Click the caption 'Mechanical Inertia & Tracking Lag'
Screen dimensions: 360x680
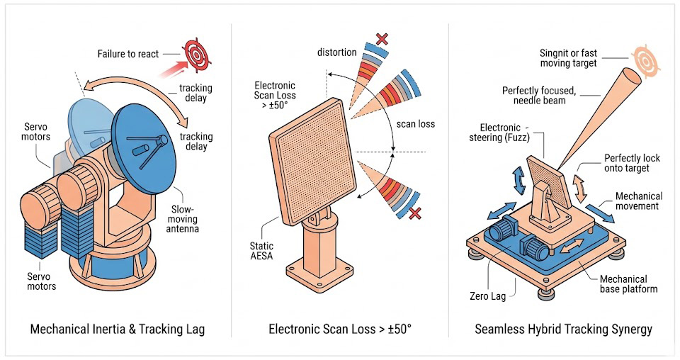pos(117,330)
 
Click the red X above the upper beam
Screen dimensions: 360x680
pos(382,38)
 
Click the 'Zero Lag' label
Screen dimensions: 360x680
pos(489,296)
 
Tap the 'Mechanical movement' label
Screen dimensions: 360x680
pos(638,201)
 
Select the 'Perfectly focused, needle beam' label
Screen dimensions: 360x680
pos(539,96)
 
